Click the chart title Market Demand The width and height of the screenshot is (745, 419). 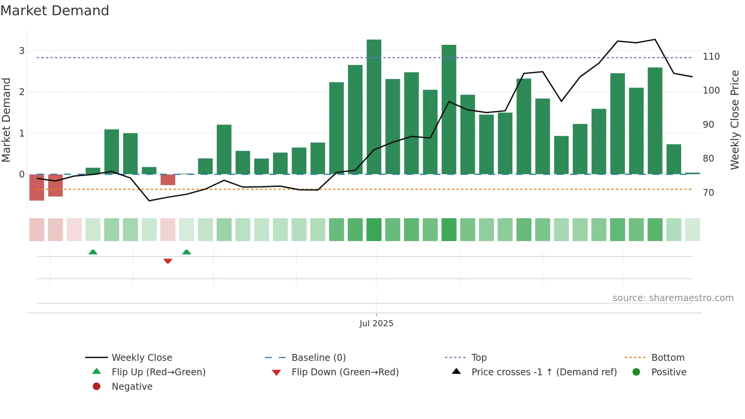(x=55, y=11)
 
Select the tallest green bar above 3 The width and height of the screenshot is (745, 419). (x=374, y=106)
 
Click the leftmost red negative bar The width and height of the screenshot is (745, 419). (x=36, y=187)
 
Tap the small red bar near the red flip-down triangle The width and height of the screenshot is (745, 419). (x=168, y=180)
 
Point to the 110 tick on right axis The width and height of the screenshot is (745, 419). (x=711, y=57)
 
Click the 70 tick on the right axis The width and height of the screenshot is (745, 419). (x=709, y=193)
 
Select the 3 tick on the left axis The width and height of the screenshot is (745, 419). (x=22, y=51)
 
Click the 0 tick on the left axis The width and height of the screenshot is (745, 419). (x=22, y=175)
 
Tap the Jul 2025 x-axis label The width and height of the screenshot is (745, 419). (x=376, y=324)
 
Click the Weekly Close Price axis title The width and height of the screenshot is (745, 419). (x=735, y=120)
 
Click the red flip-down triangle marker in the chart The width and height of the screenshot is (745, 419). (x=168, y=261)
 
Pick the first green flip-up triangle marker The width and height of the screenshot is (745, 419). (x=93, y=252)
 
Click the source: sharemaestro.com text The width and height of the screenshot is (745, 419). (x=673, y=298)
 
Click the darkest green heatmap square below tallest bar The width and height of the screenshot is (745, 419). (x=374, y=230)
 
